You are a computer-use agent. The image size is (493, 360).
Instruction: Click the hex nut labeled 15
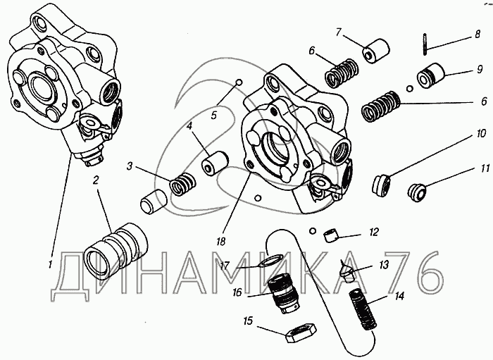coord(300,334)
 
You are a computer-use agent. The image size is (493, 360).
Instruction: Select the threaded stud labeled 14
coord(363,310)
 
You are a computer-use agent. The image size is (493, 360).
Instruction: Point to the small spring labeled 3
coord(182,185)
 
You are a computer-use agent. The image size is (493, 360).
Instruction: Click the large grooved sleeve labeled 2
coord(116,251)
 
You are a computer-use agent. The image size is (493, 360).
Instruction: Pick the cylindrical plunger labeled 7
coord(377,51)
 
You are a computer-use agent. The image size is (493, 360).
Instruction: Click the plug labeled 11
coord(417,193)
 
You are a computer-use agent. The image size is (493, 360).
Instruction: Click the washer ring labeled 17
coord(270,261)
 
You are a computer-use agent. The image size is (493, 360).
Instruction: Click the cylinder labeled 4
coord(214,162)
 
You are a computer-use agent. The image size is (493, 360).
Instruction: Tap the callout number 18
coord(220,242)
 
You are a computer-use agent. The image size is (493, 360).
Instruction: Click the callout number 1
coord(50,265)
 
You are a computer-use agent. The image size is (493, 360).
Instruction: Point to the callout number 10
coord(481,134)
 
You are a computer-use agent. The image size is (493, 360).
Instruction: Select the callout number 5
coord(214,115)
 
